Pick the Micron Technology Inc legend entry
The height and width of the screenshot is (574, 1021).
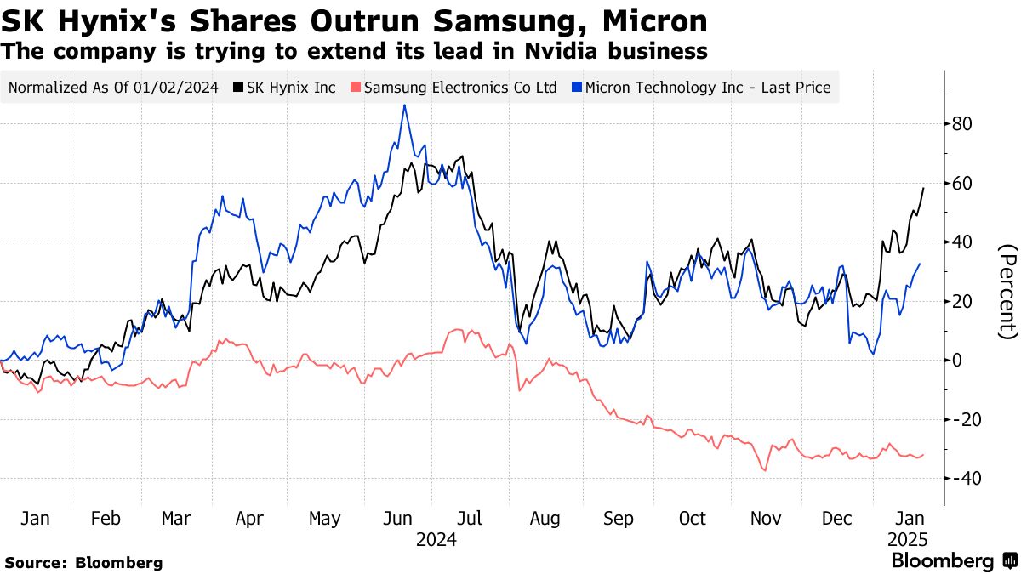coord(701,88)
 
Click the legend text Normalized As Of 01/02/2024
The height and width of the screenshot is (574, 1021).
coord(113,88)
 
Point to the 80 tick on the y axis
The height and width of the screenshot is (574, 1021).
coord(962,124)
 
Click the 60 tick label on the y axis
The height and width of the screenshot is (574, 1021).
coord(962,184)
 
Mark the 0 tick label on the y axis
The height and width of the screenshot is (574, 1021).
coord(957,361)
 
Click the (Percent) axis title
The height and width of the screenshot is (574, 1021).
coord(1007,291)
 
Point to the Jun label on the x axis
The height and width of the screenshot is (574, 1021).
coord(399,519)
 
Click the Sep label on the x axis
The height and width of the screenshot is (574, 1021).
coord(618,519)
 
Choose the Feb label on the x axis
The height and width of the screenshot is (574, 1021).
coord(106,519)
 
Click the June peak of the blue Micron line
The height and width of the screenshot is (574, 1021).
coord(404,106)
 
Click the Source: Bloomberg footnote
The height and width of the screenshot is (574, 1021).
coord(83,562)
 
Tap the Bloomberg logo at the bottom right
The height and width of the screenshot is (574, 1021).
coord(954,561)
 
